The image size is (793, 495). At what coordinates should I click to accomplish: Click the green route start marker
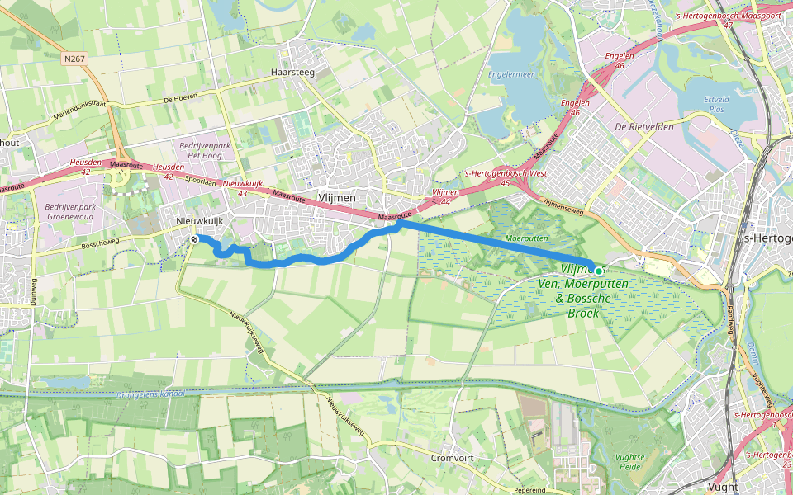coord(598,271)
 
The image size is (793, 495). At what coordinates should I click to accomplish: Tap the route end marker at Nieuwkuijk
coord(194,239)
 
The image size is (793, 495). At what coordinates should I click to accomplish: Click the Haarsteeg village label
coord(293,73)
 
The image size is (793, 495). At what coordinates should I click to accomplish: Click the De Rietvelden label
coord(644,127)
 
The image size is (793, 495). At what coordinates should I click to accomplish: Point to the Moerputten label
coord(527,238)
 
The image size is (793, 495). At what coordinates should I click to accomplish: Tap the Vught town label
coord(724,487)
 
